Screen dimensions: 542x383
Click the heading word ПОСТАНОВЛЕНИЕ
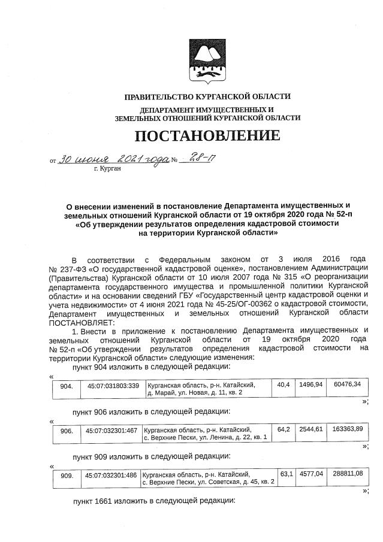pos(207,136)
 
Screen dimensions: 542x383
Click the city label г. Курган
pos(108,169)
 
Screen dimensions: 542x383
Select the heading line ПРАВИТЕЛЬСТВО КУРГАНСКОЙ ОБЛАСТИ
pos(207,96)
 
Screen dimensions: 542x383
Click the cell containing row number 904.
pos(67,386)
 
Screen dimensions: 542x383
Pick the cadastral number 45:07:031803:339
pos(113,386)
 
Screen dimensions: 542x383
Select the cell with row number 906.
pos(67,431)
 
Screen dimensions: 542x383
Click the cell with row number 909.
pos(67,476)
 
